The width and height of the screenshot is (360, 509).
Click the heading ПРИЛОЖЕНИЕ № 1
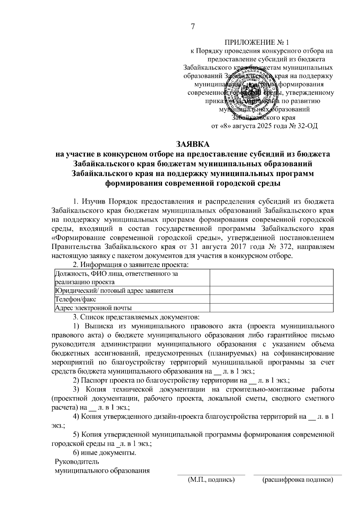pos(258,42)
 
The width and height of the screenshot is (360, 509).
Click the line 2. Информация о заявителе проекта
pos(131,265)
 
